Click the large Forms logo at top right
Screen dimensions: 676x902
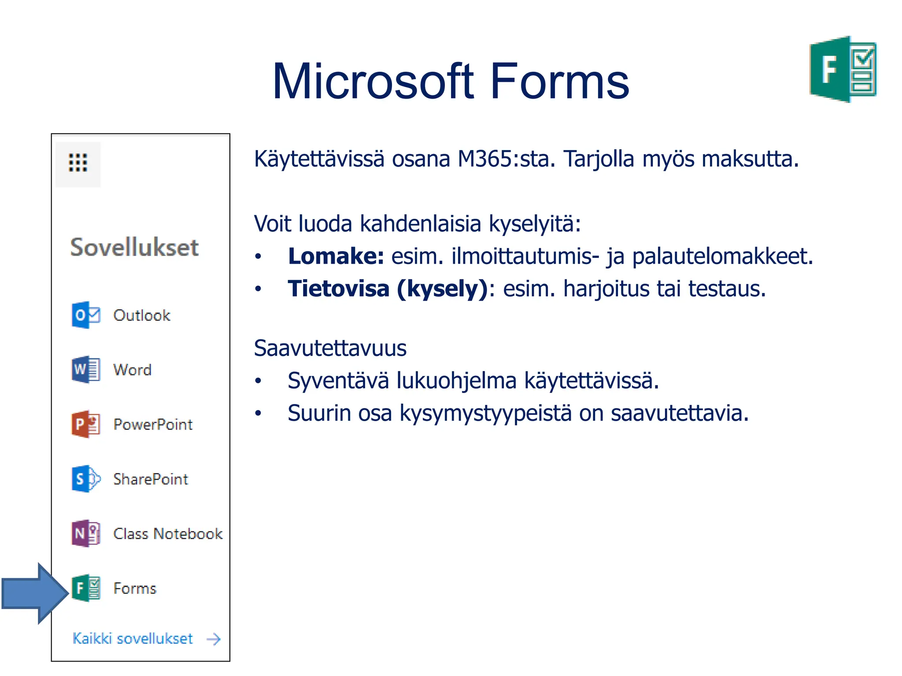coord(842,70)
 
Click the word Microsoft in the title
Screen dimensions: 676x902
coord(373,82)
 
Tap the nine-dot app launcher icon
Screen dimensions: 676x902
coord(78,163)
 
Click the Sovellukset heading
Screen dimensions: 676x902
coord(134,247)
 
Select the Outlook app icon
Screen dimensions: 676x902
coord(86,315)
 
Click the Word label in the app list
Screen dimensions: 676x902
coord(133,370)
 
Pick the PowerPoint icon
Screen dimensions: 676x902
coord(86,424)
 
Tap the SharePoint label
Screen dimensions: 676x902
coord(151,479)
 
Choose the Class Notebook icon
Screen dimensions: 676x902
coord(86,533)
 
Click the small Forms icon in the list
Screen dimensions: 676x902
coord(86,588)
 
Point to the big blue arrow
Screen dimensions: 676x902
coord(35,593)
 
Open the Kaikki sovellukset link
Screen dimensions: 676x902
coord(133,639)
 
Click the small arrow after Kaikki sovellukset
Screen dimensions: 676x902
coord(214,639)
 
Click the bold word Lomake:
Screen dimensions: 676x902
coord(336,256)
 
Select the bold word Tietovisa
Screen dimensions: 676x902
coord(338,289)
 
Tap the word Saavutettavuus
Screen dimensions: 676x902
coord(330,348)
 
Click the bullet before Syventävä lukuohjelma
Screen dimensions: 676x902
coord(258,381)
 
